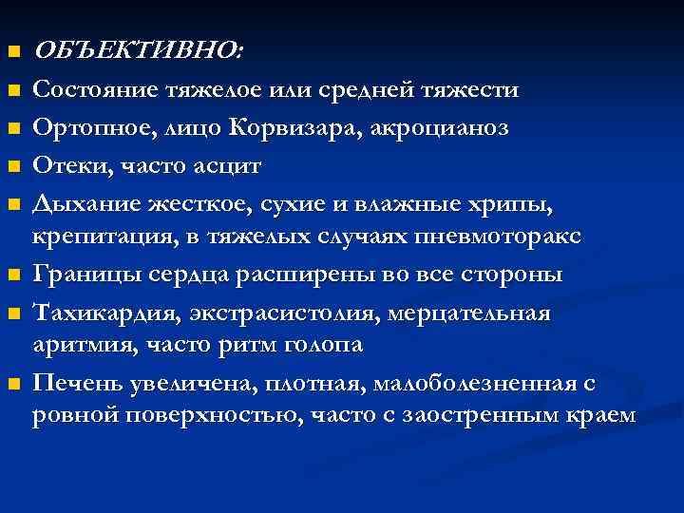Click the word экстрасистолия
point(268,313)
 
